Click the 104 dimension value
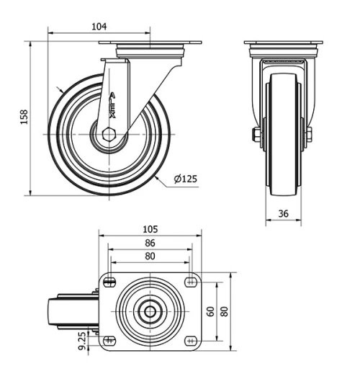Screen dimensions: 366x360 [99, 27]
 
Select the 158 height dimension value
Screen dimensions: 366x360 [23, 117]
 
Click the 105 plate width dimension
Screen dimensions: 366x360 [150, 229]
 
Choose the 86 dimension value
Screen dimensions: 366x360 [150, 243]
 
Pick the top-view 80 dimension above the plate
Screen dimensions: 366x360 [150, 255]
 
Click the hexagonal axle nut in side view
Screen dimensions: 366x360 [108, 134]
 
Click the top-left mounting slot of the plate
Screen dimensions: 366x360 [109, 282]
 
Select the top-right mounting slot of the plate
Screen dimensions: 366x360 [191, 282]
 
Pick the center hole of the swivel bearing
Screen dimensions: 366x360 [150, 311]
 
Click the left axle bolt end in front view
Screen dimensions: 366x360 [256, 135]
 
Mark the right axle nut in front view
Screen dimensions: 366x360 [308, 135]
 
